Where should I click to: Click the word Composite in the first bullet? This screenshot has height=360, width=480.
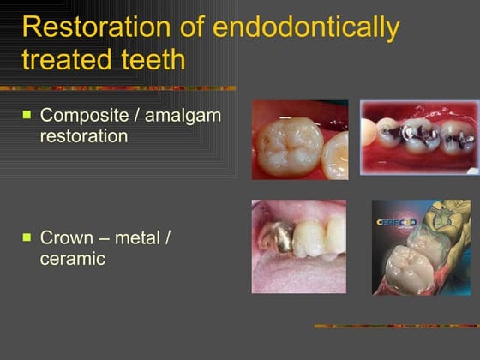click(x=83, y=116)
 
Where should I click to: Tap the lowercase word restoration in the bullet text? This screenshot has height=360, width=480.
click(x=84, y=135)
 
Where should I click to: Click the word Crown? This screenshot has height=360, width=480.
click(x=65, y=237)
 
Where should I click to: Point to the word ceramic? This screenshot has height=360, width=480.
click(x=73, y=257)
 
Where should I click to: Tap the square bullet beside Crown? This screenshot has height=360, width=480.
click(x=27, y=236)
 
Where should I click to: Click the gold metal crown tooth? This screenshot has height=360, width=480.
click(x=273, y=231)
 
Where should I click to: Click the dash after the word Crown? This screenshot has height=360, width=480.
click(x=99, y=237)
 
